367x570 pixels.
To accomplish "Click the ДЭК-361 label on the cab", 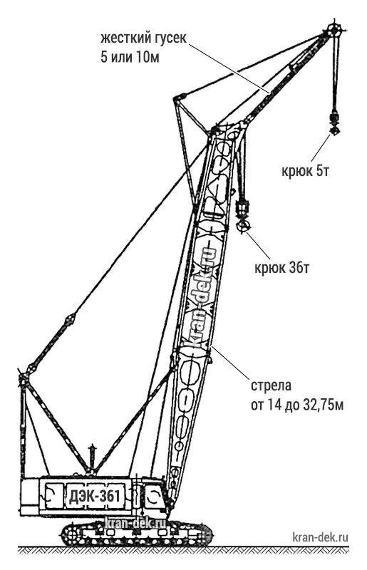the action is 94,495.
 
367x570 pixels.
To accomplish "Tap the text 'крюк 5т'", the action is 305,170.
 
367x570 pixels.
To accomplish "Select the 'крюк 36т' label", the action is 282,268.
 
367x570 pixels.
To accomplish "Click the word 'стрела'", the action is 272,385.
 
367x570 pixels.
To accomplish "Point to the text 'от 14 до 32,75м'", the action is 297,405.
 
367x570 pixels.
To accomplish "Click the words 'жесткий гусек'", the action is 144,38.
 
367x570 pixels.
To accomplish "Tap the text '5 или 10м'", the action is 130,57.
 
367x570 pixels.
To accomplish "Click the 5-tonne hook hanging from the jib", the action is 334,124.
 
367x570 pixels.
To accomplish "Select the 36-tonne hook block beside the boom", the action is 242,217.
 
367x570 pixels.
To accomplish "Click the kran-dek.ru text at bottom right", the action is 320,537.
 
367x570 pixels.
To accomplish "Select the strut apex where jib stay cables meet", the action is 179,98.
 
